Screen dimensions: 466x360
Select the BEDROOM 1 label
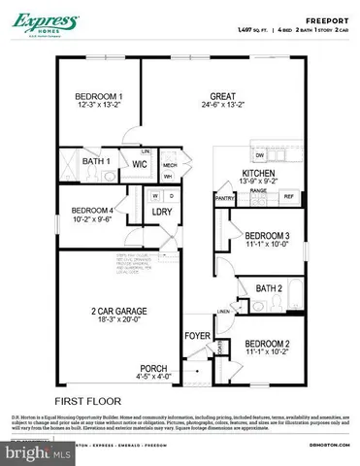(x=99, y=96)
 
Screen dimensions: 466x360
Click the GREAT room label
(x=226, y=95)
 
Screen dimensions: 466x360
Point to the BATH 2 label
(x=269, y=288)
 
